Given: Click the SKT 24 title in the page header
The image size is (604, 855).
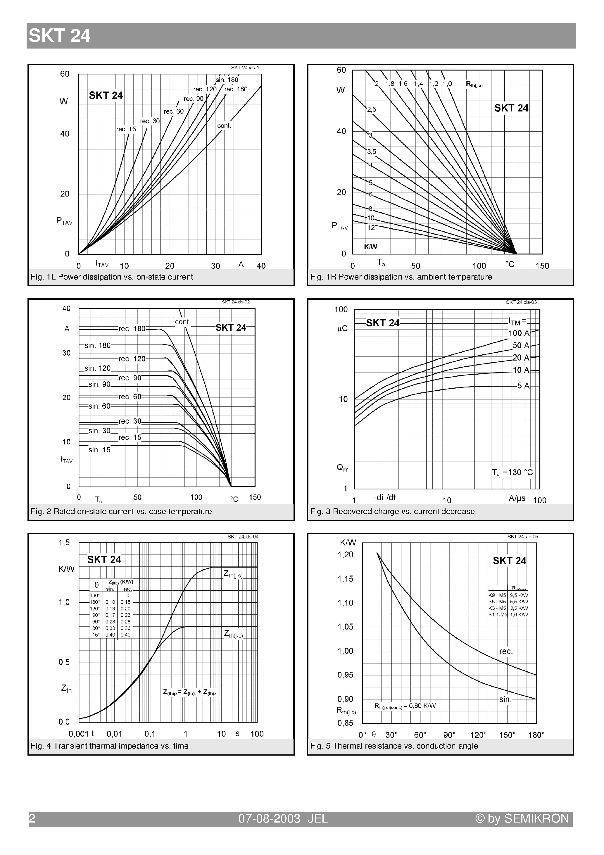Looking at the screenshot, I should coord(60,36).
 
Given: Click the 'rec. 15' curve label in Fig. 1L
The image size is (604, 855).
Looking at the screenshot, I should coord(126,129).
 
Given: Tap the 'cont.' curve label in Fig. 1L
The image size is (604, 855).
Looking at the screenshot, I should coord(224,126).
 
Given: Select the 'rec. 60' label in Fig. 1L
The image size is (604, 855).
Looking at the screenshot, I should coord(174,111).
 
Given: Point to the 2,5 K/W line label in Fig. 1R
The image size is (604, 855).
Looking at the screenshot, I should coord(372,109).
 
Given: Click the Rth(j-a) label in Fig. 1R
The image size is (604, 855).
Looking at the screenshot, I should coord(474,85).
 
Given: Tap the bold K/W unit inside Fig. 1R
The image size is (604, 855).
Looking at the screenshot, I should coord(370,246).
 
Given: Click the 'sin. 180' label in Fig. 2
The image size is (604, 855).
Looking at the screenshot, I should coord(98,345).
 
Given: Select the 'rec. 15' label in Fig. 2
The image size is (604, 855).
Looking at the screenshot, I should coord(130,437).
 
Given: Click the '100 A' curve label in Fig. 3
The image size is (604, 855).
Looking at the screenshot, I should coord(519,333).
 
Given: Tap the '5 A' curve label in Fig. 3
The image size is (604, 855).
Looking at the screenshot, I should coord(523,386).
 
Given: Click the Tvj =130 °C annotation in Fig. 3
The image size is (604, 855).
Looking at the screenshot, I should coord(512,473).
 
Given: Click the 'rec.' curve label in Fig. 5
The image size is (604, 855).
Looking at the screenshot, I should coord(506,651).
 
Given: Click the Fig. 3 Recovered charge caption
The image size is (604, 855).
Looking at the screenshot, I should coord(392,511).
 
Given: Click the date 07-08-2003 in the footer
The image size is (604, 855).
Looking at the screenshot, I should coord(269,818).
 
